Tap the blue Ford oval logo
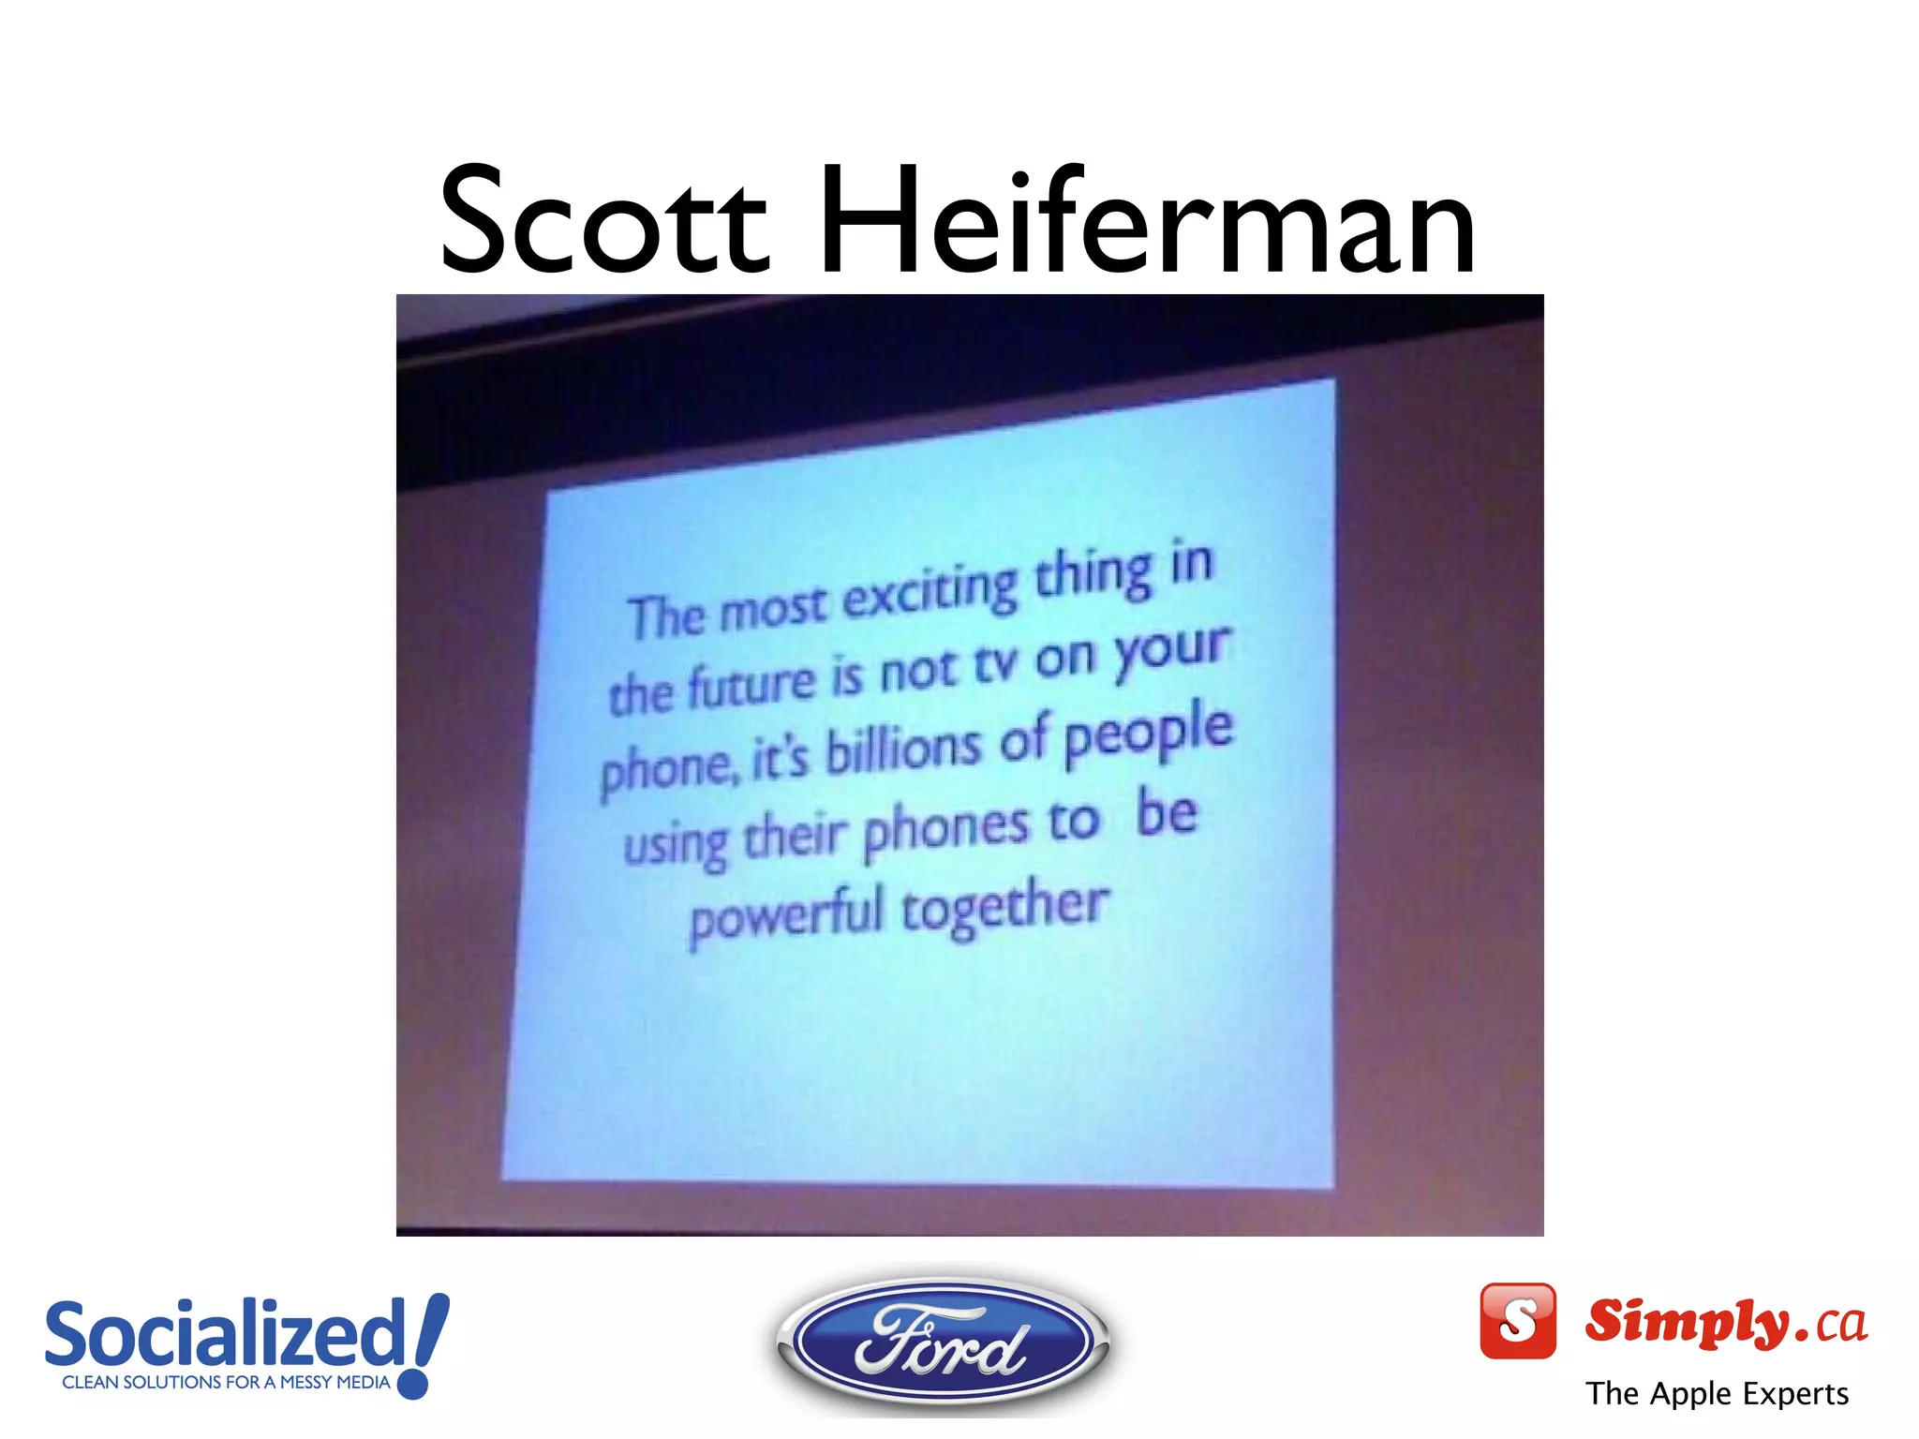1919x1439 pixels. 943,1343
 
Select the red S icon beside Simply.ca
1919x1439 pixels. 1517,1321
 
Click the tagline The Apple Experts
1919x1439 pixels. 1717,1394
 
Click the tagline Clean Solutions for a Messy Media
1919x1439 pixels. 226,1382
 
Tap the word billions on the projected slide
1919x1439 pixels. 903,749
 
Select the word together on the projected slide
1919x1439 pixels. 1004,907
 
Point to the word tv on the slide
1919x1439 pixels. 995,665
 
